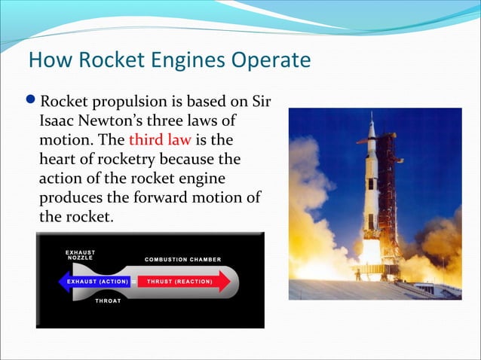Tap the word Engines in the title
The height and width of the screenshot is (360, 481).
coord(181,60)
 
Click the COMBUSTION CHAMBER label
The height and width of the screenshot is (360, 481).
coord(183,260)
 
